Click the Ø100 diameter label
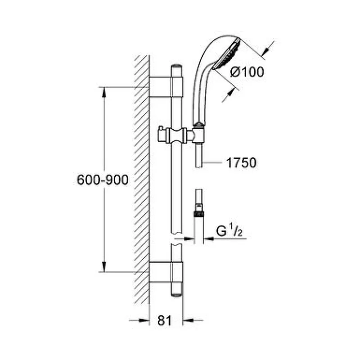point(247,72)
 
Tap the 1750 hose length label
point(241,163)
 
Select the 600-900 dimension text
point(103,180)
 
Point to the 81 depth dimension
point(164,320)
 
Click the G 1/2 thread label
point(229,231)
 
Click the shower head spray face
point(227,54)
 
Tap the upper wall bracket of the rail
point(166,87)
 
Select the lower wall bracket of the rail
point(166,272)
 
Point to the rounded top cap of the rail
point(177,67)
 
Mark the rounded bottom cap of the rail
point(177,295)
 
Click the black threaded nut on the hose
point(199,214)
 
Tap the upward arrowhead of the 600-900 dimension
point(104,92)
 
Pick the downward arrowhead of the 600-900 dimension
point(104,266)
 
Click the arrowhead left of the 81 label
point(144,320)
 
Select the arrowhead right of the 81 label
point(188,320)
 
